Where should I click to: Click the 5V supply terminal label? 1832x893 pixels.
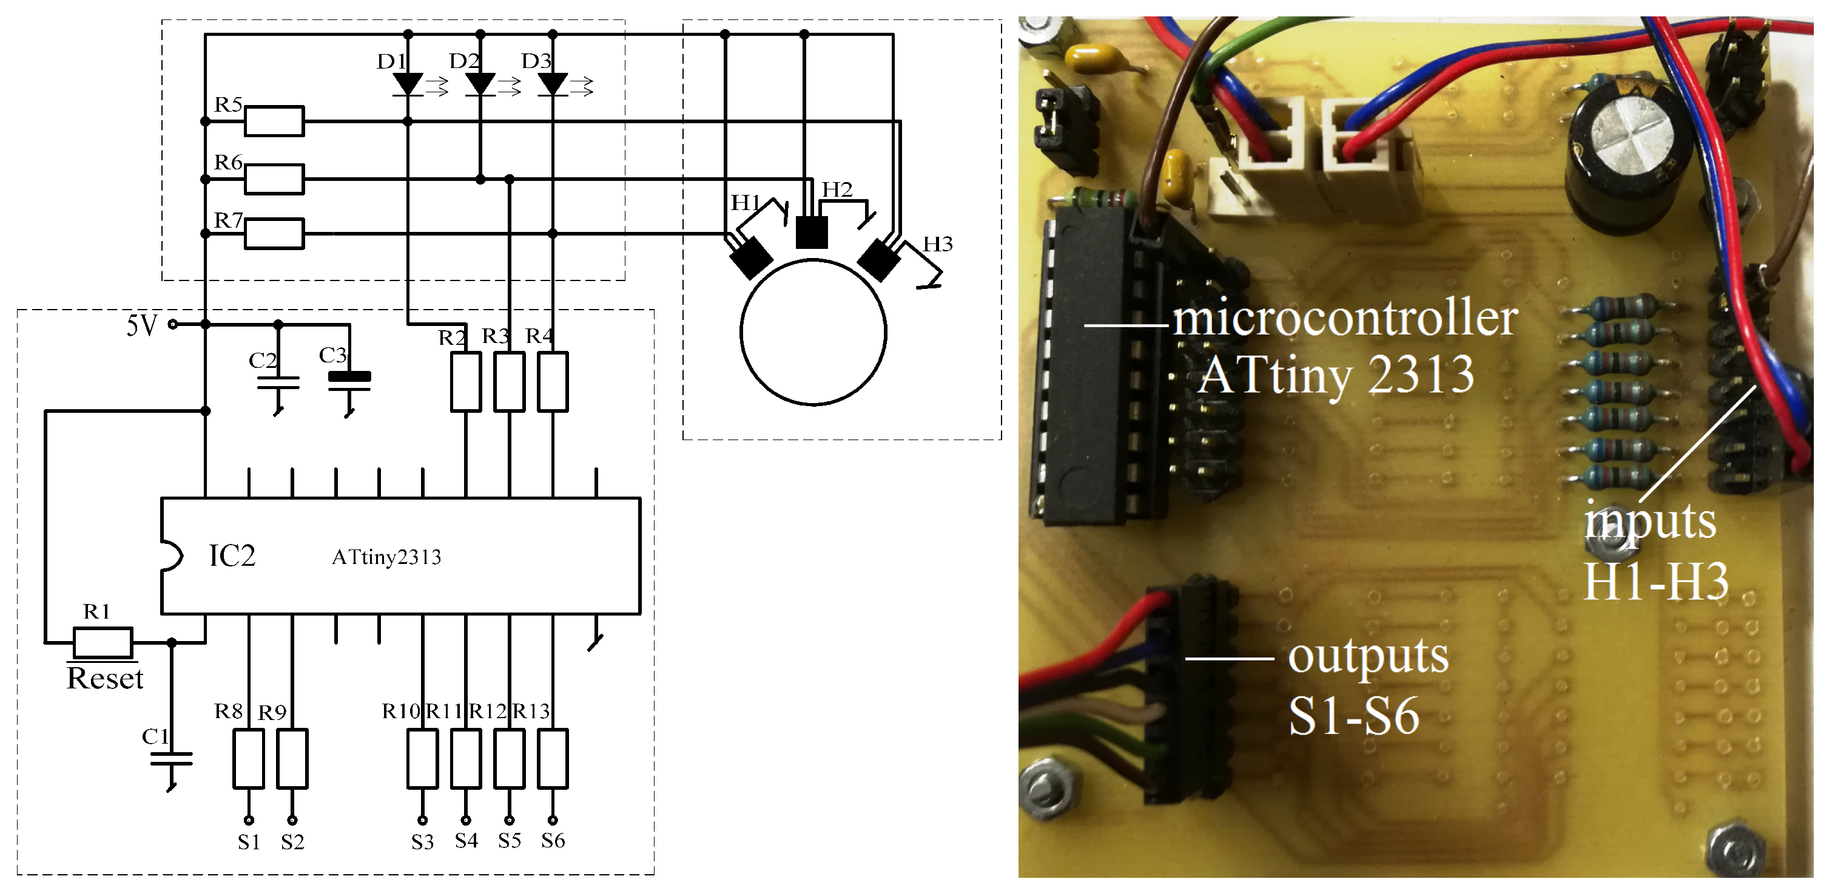click(141, 325)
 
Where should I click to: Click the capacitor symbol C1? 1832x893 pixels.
click(172, 758)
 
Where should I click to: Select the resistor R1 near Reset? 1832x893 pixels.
click(103, 642)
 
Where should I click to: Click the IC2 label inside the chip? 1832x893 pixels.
click(232, 555)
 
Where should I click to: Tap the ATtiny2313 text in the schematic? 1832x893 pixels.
click(386, 557)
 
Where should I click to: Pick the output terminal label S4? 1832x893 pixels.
click(466, 841)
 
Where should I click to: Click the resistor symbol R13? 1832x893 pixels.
click(553, 758)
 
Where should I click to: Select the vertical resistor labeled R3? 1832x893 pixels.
click(509, 381)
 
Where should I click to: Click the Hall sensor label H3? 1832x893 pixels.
click(937, 245)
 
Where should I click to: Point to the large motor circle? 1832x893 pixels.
click(813, 332)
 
